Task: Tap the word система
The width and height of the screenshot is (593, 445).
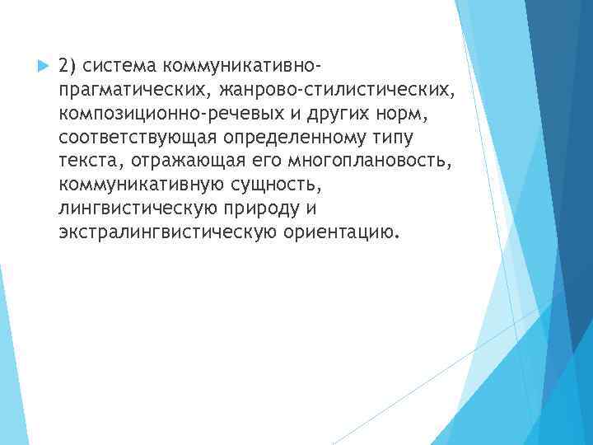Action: click(122, 64)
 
